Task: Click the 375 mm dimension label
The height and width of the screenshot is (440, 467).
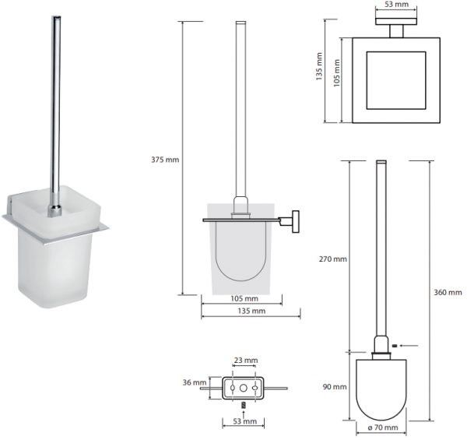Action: point(165,160)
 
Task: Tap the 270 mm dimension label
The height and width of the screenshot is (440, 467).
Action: point(333,259)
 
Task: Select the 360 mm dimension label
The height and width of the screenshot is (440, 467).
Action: point(448,293)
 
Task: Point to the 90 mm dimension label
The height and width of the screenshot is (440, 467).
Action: point(335,387)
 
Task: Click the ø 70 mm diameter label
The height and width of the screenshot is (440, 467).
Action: point(383,428)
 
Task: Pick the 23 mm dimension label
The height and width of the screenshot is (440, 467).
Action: point(246,361)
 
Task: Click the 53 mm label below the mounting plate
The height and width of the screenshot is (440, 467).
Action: point(245,421)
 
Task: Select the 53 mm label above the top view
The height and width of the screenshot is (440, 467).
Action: point(397,5)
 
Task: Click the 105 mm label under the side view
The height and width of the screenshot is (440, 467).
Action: point(244,298)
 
